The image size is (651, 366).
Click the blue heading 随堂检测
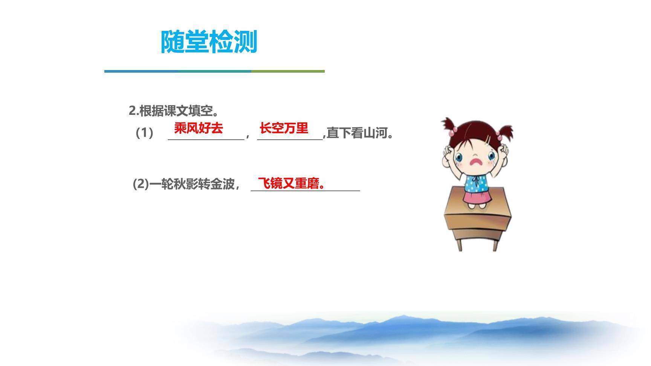click(209, 42)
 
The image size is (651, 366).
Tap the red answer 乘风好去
click(199, 128)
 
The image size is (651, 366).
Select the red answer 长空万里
click(284, 128)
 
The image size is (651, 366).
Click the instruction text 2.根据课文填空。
click(174, 111)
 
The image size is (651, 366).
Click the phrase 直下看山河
click(360, 133)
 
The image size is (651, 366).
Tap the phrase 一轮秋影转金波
click(192, 184)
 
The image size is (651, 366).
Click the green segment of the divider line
click(288, 71)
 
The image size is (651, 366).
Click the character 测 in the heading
click(245, 42)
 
